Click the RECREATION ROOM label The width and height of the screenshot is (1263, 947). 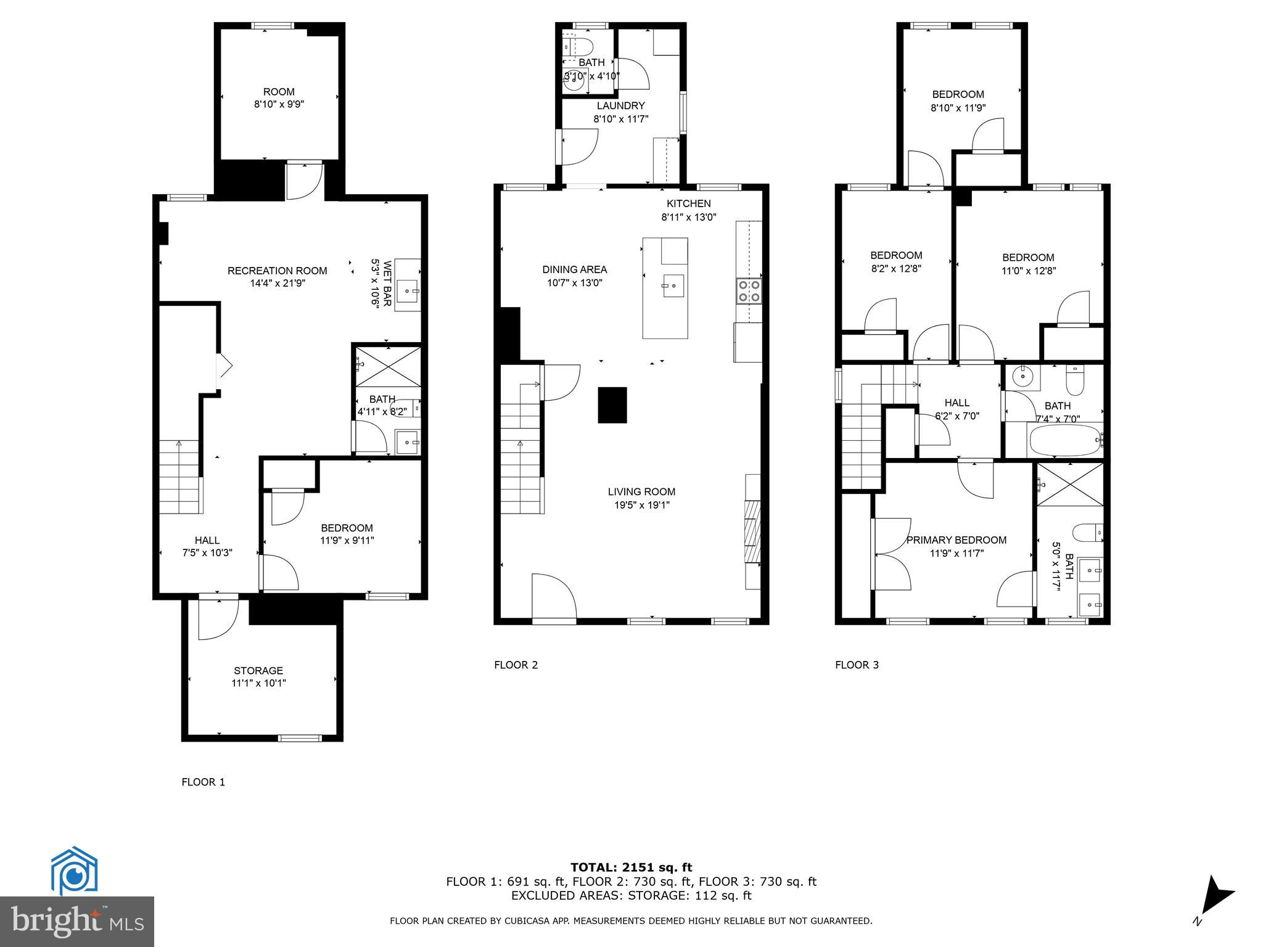pos(277,271)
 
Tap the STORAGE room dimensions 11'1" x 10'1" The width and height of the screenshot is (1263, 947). pos(258,683)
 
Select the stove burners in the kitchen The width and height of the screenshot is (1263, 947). pos(749,291)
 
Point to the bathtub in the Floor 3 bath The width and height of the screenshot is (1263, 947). pos(1064,440)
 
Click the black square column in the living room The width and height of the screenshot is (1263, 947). pos(612,405)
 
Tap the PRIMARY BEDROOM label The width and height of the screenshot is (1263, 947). pos(956,540)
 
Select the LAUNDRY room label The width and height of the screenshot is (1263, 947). pos(620,106)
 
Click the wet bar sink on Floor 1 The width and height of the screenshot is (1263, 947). pos(408,290)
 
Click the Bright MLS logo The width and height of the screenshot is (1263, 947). pos(77,921)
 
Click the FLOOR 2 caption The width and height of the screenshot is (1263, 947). pos(516,665)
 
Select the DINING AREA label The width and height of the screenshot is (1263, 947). pos(574,269)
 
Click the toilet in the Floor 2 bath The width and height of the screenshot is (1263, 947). pos(578,46)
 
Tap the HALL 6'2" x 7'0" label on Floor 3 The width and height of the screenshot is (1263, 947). pos(957,409)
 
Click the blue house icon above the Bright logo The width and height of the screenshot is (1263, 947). pos(74,871)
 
